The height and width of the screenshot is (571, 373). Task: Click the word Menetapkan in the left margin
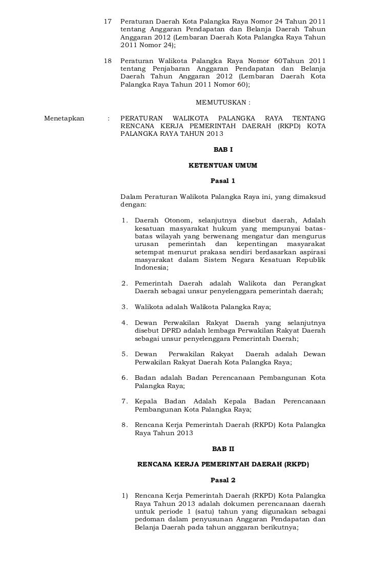64,118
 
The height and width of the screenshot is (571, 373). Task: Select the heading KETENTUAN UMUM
223,166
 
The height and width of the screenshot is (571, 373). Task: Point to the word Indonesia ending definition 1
151,267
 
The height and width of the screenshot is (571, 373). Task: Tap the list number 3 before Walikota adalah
124,307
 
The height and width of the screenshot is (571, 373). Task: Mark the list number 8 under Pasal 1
124,425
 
